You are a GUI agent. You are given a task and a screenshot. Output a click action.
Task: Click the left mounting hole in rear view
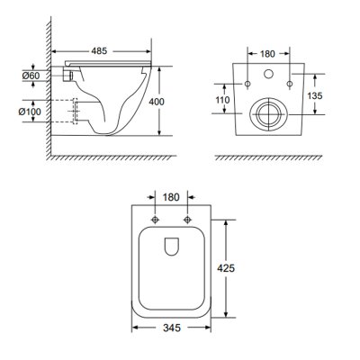click(x=247, y=84)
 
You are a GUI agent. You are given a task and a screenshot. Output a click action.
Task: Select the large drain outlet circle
click(x=266, y=113)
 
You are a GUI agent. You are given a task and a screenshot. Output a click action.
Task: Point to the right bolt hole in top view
click(x=187, y=220)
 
